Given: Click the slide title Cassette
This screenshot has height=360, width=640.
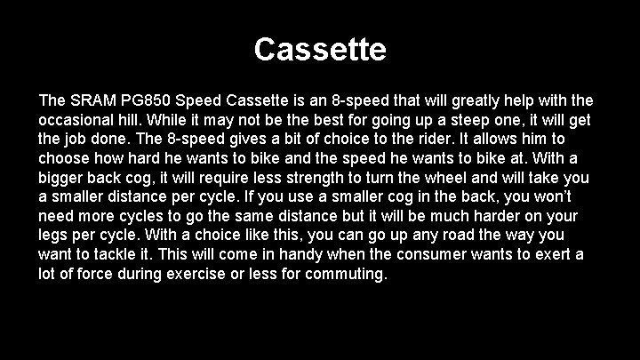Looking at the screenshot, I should point(320,49).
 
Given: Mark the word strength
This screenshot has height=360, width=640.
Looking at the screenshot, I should point(303,178).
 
